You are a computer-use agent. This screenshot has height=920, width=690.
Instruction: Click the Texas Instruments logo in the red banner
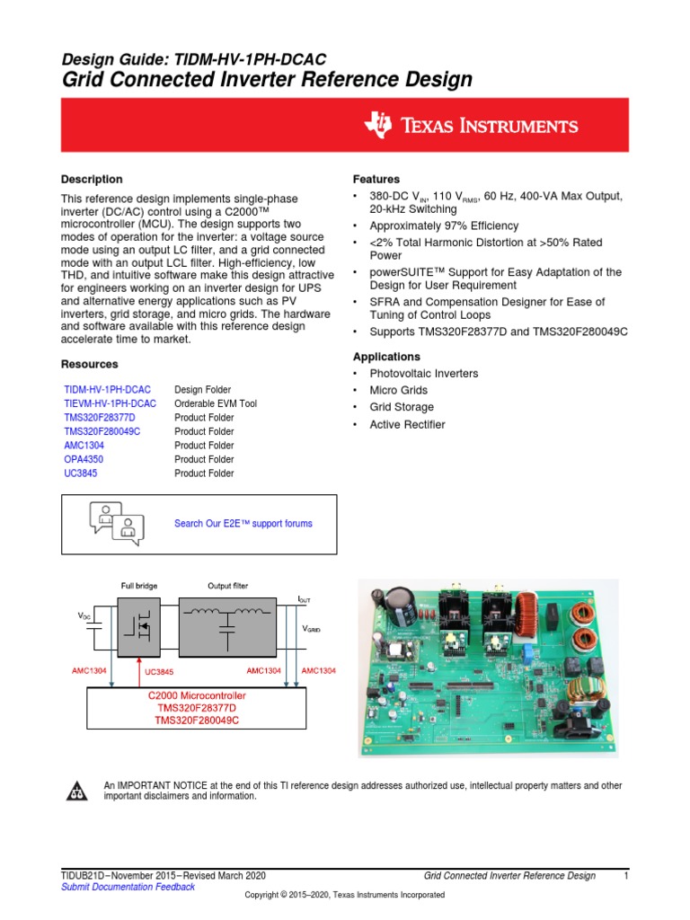tap(471, 126)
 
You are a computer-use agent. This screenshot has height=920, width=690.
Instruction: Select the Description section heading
tap(92, 180)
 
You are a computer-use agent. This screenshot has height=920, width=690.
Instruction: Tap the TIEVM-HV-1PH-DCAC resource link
tap(110, 404)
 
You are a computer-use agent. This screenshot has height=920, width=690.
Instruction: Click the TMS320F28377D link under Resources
tap(99, 418)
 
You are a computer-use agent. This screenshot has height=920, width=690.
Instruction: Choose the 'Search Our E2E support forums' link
tap(243, 524)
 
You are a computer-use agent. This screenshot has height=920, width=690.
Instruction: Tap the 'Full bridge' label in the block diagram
tap(139, 587)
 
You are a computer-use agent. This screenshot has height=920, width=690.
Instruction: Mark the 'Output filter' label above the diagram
tap(227, 587)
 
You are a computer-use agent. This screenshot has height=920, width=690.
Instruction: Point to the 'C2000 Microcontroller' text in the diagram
tap(197, 696)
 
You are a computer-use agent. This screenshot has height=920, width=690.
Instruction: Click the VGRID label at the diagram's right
tap(311, 631)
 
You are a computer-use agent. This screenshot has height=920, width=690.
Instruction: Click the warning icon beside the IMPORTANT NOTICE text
tap(75, 791)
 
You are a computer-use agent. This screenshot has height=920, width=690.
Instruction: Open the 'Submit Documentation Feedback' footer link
tap(127, 888)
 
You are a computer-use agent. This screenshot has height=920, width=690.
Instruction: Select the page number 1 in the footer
tap(624, 876)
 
